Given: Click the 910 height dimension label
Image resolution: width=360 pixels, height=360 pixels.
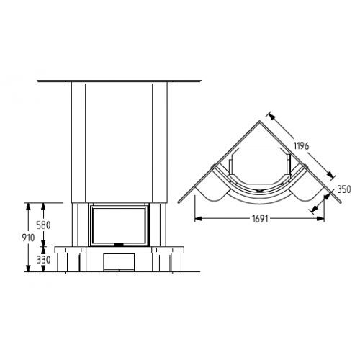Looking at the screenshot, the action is [28, 238].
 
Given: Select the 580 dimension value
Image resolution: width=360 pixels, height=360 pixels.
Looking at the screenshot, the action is [43, 225].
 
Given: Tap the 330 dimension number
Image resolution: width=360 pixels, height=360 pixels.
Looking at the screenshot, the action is [43, 260].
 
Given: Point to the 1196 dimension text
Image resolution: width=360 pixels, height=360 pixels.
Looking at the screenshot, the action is [301, 145].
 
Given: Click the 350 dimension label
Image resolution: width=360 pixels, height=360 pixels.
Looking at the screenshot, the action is [344, 189].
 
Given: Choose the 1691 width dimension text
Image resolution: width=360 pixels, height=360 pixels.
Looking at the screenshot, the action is [260, 219].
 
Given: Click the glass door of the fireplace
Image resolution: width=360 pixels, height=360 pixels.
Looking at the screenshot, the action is [120, 225].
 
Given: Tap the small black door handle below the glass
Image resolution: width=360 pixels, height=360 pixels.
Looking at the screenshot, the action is [119, 245].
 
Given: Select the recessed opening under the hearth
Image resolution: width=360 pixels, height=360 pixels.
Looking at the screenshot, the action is [119, 262].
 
